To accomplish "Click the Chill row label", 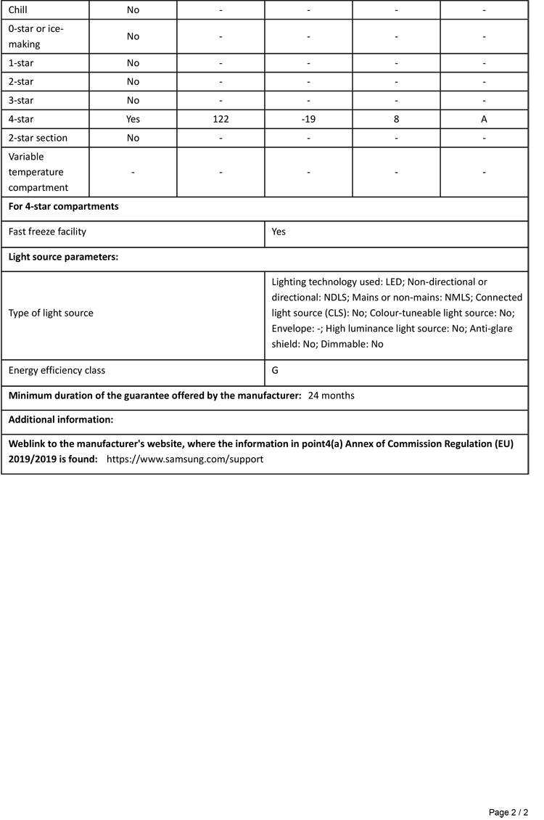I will pos(17,10).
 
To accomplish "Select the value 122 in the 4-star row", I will pos(221,119).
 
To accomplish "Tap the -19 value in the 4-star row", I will pos(308,119).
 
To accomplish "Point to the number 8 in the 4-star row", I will pos(396,119).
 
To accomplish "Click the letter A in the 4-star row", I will pos(484,119).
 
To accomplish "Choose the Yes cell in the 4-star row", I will pos(133,119).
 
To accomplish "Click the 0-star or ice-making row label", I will pos(35,36).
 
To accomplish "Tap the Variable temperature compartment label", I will pos(36,172).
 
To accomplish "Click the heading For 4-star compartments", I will pos(63,207).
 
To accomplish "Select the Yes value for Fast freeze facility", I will pos(279,232).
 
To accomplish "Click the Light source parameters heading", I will pos(63,257).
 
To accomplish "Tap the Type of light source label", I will pos(51,313).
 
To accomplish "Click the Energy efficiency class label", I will pos(57,371).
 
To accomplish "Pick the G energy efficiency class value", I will pos(276,371).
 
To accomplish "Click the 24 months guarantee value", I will pos(331,396).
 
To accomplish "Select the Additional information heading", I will pos(61,420).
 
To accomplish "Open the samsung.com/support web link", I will pos(184,459).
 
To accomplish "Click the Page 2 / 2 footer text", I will pos(508,811).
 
